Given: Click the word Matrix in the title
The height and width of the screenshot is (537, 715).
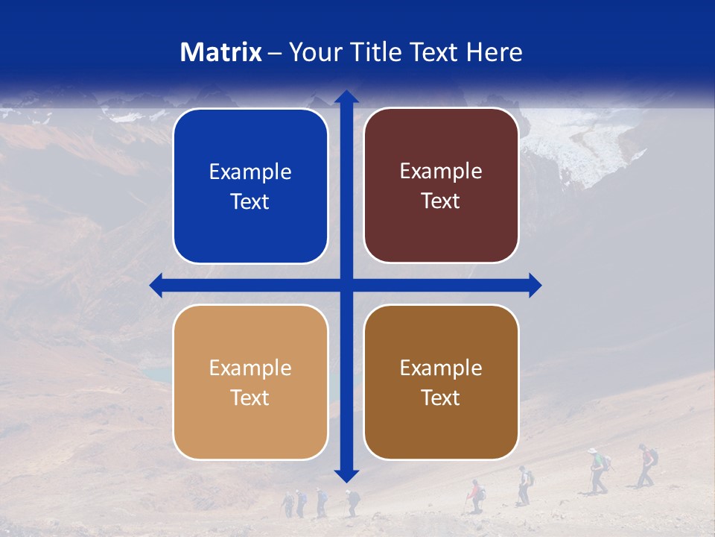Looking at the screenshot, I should tap(221, 52).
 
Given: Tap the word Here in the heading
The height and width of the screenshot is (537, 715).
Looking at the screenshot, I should tap(494, 52).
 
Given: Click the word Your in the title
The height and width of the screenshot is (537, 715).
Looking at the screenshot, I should tap(312, 52).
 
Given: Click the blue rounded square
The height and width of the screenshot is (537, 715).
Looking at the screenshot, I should tap(250, 186).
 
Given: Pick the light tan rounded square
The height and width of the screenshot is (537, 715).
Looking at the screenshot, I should tap(250, 382).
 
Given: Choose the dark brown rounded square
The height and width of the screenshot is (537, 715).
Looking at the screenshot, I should tap(441, 382).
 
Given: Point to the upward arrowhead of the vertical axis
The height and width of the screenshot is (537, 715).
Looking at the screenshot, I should tap(346, 97).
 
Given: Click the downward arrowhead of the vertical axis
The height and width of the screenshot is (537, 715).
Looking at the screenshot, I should tap(346, 475).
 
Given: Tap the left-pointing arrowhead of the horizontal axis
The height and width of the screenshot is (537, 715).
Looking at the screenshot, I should tap(156, 285).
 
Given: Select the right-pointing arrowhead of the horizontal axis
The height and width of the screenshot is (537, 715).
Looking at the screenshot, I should tap(535, 285).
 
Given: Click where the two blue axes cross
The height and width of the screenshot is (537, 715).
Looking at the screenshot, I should tap(346, 285).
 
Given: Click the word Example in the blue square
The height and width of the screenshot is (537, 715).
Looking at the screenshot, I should tap(250, 172).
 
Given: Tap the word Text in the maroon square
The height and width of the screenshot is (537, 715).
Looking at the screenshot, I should tap(441, 201).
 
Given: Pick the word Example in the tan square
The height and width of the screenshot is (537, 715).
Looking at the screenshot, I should tap(250, 368).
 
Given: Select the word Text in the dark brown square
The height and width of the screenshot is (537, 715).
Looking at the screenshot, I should tap(441, 398).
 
